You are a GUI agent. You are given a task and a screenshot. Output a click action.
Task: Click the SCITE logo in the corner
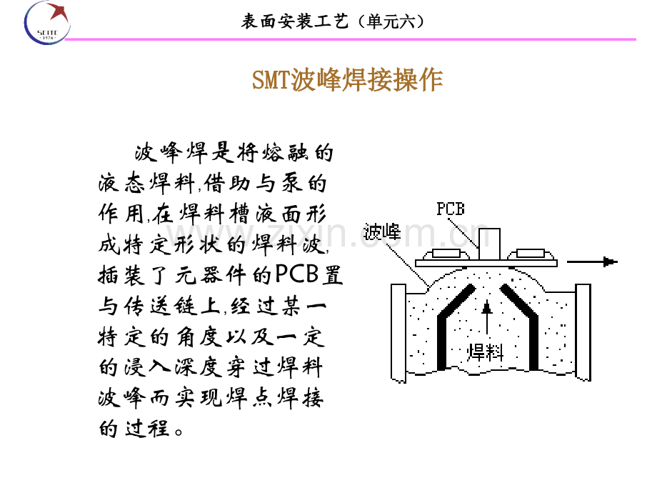[x=47, y=23]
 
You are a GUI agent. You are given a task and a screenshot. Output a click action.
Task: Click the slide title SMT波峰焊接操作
[x=347, y=79]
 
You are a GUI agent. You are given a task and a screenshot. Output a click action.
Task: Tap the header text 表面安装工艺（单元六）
[x=333, y=21]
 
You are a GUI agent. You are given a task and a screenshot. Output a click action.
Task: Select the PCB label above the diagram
[x=451, y=209]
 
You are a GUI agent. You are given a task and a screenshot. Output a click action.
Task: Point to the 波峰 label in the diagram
[x=382, y=231]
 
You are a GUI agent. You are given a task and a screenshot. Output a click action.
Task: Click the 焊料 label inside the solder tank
[x=485, y=352]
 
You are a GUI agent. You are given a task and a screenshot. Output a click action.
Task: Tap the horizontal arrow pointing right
[x=592, y=262]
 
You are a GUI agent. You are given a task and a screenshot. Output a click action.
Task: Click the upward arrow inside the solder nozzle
[x=486, y=317]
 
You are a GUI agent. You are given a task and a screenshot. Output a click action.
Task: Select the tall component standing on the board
[x=489, y=244]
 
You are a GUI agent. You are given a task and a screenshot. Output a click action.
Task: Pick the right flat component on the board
[x=531, y=254]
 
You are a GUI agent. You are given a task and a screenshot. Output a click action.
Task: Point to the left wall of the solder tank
[x=398, y=333]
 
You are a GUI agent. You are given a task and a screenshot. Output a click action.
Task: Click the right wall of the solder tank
[x=583, y=332]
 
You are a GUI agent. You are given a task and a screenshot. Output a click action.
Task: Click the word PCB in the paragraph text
[x=297, y=274]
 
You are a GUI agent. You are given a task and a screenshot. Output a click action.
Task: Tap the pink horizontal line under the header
[x=351, y=39]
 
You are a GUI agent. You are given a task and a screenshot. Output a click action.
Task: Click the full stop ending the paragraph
[x=179, y=432]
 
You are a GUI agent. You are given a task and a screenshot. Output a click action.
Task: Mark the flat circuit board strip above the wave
[x=486, y=263]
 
